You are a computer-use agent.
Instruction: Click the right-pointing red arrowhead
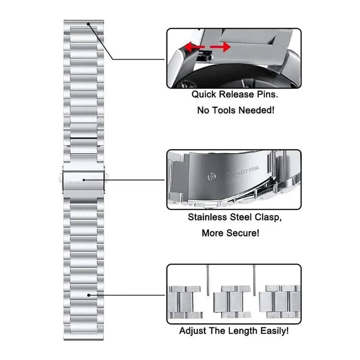click(226, 47)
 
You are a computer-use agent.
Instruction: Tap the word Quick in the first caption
click(204, 95)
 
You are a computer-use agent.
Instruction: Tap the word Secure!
click(246, 233)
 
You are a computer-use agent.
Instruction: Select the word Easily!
click(274, 331)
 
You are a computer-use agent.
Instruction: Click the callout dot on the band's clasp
click(84, 180)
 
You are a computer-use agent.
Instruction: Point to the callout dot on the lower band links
click(89, 295)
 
